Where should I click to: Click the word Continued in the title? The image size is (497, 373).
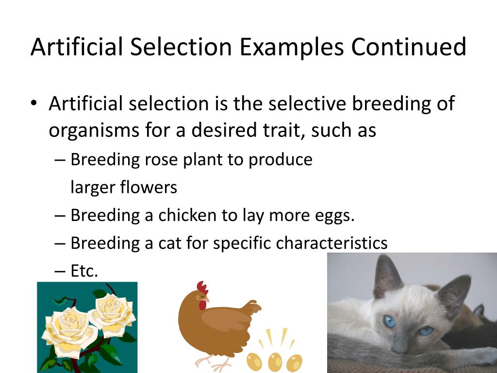coord(409,47)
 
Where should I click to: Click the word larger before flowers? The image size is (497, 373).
coord(93,187)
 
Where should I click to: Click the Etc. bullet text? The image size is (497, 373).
coord(84,271)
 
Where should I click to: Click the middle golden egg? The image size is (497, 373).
coord(275,361)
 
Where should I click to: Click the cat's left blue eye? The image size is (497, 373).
coord(389,322)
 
